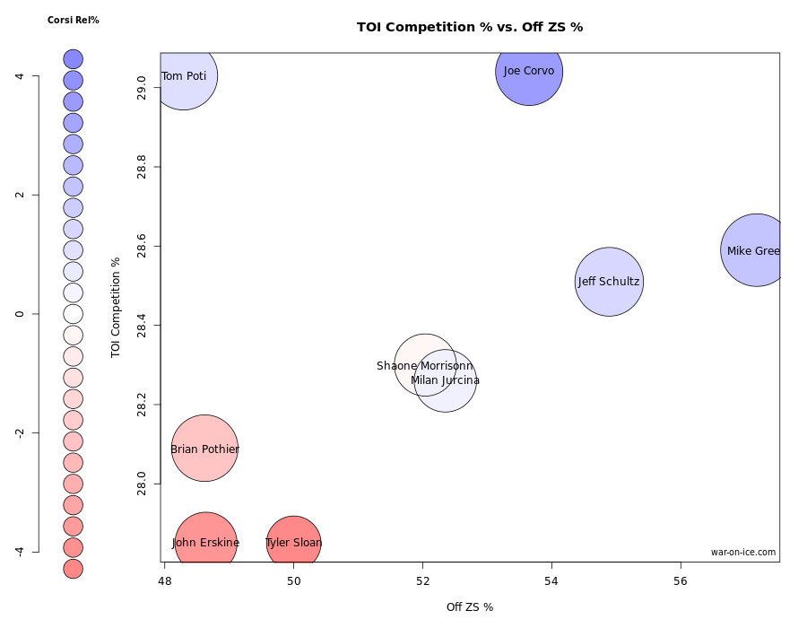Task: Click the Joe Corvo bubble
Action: (529, 72)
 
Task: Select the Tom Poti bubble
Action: (185, 76)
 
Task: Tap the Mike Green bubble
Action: (756, 250)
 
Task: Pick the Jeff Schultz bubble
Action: (609, 282)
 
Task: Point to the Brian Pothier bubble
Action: (204, 449)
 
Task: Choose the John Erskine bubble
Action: (205, 542)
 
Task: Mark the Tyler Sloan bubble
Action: (293, 543)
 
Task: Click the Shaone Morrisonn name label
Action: (424, 366)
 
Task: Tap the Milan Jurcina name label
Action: (445, 380)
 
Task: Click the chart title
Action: (470, 27)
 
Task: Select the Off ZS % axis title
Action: (470, 607)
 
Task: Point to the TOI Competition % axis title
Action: (116, 308)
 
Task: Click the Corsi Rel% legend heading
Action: (74, 20)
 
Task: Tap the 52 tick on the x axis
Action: (422, 580)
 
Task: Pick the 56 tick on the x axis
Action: (681, 580)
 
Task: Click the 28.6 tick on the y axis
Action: (141, 247)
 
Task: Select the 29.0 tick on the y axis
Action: (141, 88)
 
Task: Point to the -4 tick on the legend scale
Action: (20, 551)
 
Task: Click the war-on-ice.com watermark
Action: (743, 553)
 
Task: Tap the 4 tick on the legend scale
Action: (20, 76)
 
